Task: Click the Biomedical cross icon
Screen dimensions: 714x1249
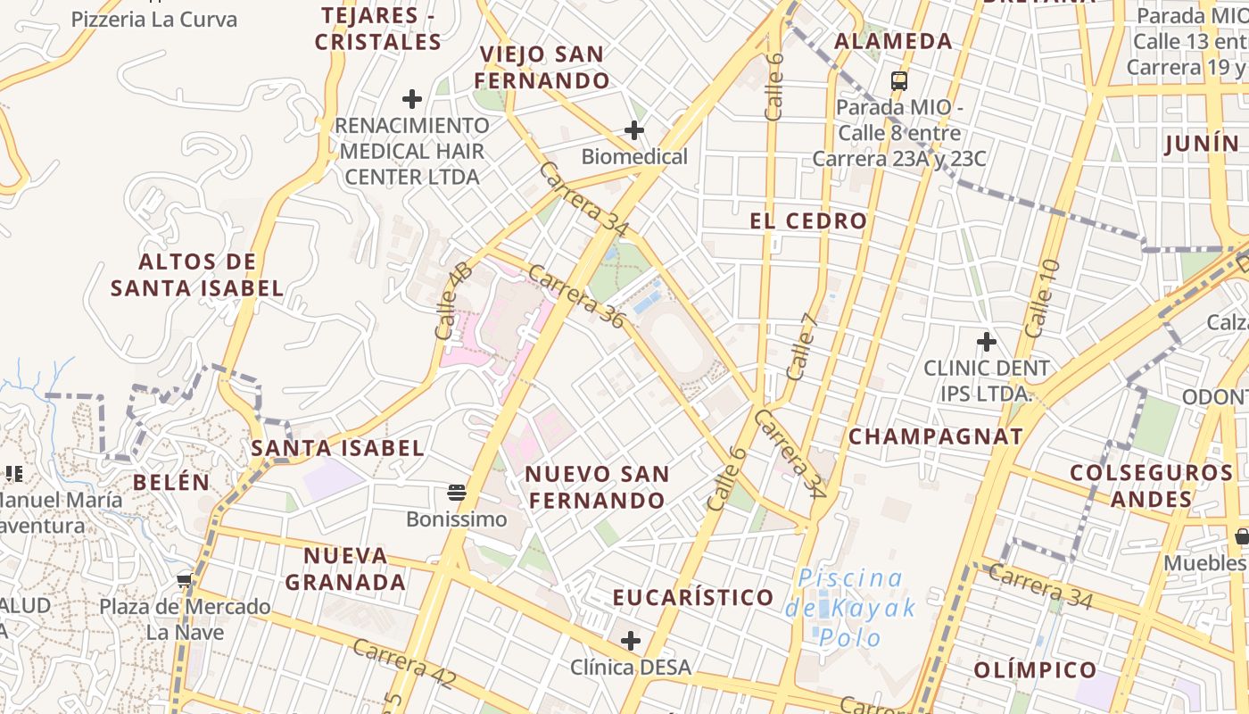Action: tap(633, 131)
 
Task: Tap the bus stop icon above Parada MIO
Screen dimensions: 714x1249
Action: tap(899, 81)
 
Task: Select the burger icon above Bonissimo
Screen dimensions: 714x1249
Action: tap(457, 493)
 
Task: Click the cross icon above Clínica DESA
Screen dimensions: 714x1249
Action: tap(631, 640)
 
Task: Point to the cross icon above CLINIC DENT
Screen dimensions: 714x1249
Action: tap(986, 341)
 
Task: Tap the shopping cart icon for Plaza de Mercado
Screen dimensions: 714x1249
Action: tap(185, 581)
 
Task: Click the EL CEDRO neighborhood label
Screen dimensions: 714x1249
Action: tap(808, 221)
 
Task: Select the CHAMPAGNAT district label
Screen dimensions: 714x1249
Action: tap(935, 436)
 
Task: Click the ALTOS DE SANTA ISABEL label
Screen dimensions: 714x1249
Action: tap(197, 275)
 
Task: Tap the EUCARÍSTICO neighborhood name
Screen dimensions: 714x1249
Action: tap(693, 597)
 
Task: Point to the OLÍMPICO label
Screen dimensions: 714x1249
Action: tap(1035, 669)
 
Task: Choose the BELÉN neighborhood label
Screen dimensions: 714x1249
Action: tap(171, 482)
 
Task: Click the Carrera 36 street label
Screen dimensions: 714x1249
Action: tap(576, 296)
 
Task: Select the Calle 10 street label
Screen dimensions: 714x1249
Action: tap(1042, 298)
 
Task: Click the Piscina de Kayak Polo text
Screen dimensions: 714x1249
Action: tap(850, 608)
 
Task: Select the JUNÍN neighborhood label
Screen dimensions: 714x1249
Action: tap(1202, 143)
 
